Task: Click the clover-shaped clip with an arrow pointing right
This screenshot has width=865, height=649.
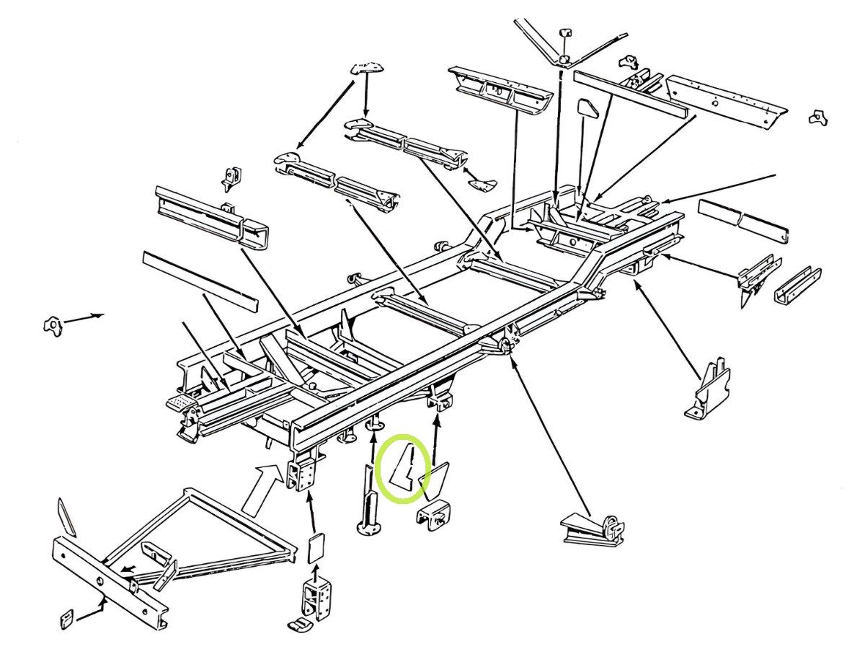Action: point(53,326)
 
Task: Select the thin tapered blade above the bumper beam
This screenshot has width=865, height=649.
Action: point(66,516)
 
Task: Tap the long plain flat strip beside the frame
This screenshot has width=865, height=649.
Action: point(199,282)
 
